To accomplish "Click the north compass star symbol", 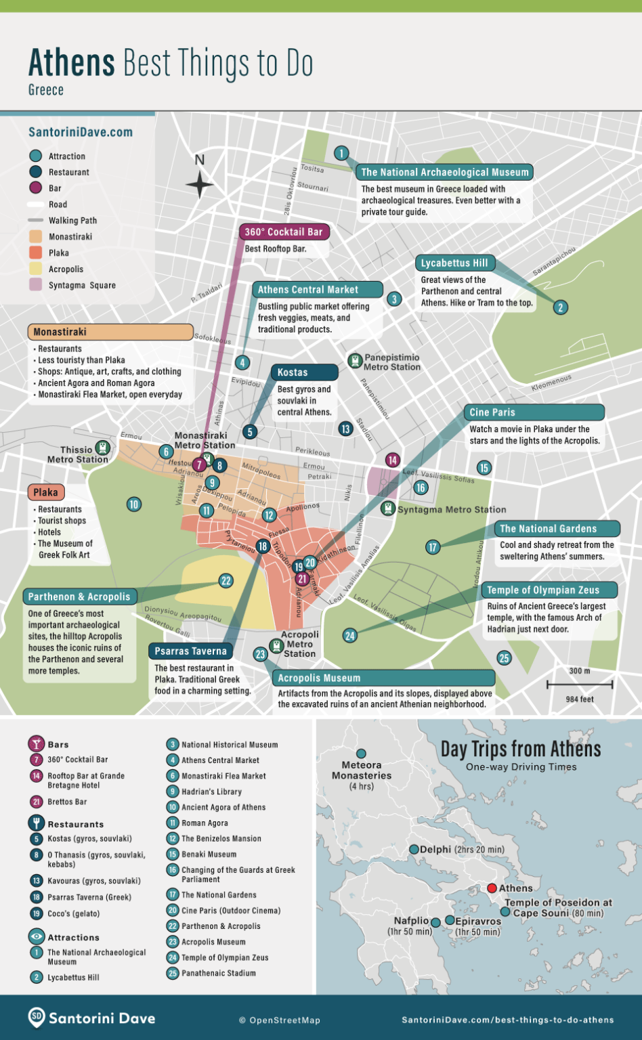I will [199, 183].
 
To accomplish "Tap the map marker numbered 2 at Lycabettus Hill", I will [560, 307].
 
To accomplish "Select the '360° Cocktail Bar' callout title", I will [284, 232].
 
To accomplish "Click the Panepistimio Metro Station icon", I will [355, 361].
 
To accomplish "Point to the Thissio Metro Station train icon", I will [102, 448].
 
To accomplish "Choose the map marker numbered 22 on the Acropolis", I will [226, 581].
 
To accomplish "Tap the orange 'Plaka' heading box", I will [46, 492].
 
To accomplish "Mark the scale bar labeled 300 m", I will [580, 685].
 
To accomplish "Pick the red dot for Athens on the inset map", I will [492, 888].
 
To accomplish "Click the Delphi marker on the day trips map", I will [414, 849].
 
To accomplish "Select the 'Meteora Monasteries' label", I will [362, 771].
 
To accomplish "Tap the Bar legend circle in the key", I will [36, 188].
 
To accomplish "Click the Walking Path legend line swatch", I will [36, 221].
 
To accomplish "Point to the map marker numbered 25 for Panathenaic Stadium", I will [504, 658].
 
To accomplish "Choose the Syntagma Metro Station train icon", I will [388, 508].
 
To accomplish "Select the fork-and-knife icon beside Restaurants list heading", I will [36, 823].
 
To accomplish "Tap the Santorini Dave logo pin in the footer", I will [37, 1017].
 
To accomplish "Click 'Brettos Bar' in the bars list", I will [67, 802].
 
